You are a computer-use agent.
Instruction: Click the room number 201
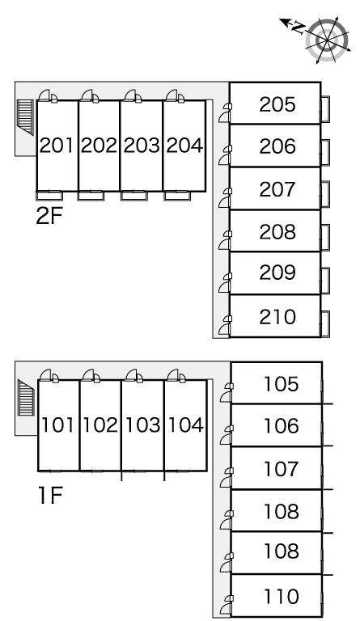(57, 146)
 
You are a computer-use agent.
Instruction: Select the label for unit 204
(184, 146)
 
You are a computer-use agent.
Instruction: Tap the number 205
(277, 104)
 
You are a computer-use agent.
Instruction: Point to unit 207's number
(277, 189)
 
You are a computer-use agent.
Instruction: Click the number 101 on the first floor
(57, 425)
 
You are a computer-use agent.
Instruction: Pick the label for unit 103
(143, 425)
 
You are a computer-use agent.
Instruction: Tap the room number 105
(282, 384)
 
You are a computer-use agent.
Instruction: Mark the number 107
(282, 469)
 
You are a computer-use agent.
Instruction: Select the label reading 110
(282, 597)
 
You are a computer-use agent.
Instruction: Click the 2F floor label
(49, 216)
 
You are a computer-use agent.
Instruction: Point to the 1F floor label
(50, 496)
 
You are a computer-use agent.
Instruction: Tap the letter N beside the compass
(298, 27)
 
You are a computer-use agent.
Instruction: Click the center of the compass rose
(328, 40)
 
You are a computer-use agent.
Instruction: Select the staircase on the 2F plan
(26, 117)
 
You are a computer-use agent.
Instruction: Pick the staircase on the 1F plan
(26, 397)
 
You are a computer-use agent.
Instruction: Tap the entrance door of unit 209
(225, 283)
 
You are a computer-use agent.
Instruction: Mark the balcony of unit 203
(134, 195)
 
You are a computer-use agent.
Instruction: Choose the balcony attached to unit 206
(324, 152)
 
